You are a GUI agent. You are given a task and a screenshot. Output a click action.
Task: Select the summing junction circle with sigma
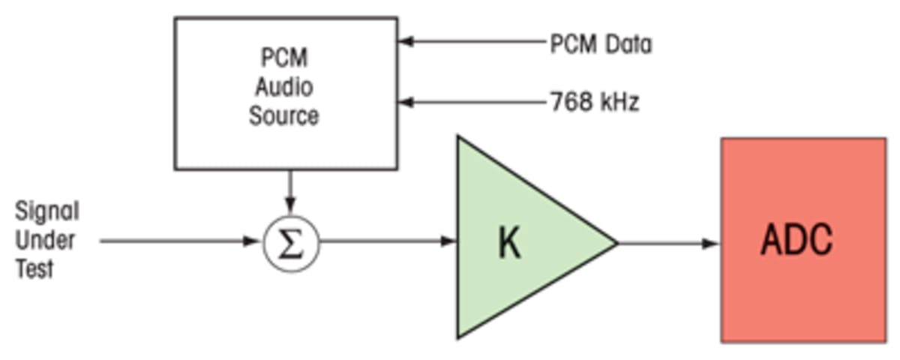click(291, 244)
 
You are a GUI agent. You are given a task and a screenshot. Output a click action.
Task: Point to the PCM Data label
click(601, 44)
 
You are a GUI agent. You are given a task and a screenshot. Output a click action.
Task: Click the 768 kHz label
click(595, 102)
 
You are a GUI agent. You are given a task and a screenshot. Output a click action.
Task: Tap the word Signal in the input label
click(46, 211)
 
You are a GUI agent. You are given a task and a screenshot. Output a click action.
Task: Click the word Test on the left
click(35, 269)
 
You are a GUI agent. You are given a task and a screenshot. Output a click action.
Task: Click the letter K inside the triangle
click(509, 243)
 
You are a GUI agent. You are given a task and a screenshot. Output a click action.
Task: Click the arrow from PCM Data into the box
click(472, 42)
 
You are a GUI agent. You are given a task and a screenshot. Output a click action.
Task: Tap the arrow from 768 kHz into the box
click(472, 101)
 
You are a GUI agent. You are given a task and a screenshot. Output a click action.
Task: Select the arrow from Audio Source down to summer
click(291, 190)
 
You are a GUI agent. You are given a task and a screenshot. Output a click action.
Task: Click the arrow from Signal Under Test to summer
click(180, 241)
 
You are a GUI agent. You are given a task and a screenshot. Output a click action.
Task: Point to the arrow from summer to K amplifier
click(387, 241)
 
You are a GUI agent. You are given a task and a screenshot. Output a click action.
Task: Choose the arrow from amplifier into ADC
click(667, 243)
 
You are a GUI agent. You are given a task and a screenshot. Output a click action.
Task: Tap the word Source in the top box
click(284, 116)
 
